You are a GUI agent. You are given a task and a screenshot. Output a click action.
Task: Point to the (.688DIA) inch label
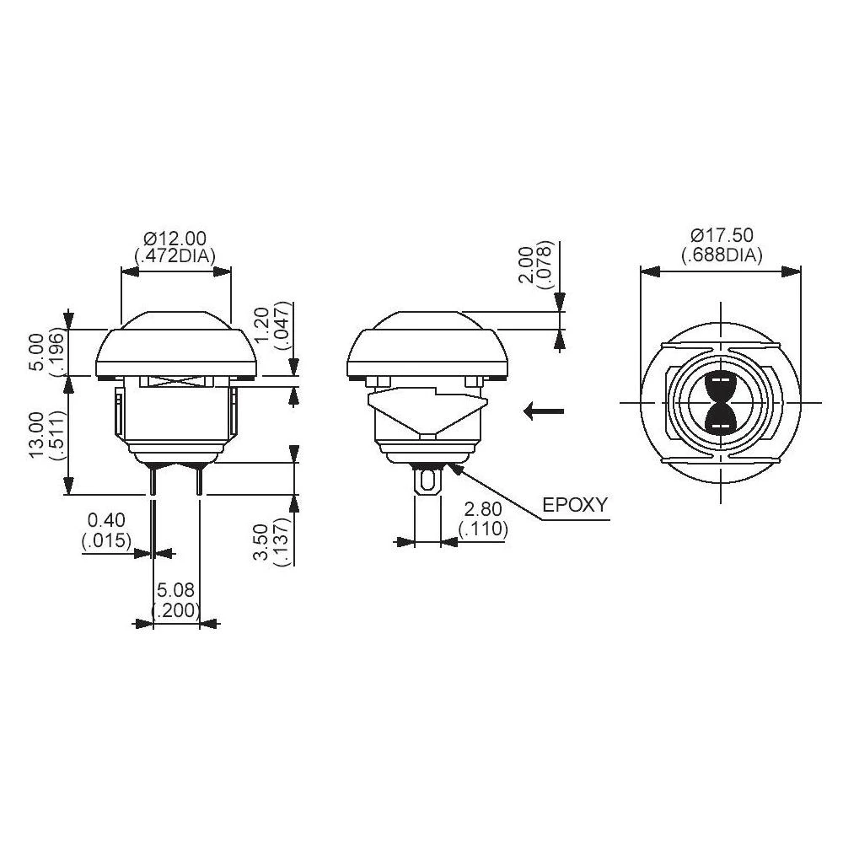722,255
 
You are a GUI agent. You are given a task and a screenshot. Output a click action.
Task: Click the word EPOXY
575,506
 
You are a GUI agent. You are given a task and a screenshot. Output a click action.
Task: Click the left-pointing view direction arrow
543,411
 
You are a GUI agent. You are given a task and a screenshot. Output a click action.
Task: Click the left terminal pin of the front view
153,481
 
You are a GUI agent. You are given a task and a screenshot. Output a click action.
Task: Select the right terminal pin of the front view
199,481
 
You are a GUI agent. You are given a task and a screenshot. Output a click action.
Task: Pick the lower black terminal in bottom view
721,419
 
